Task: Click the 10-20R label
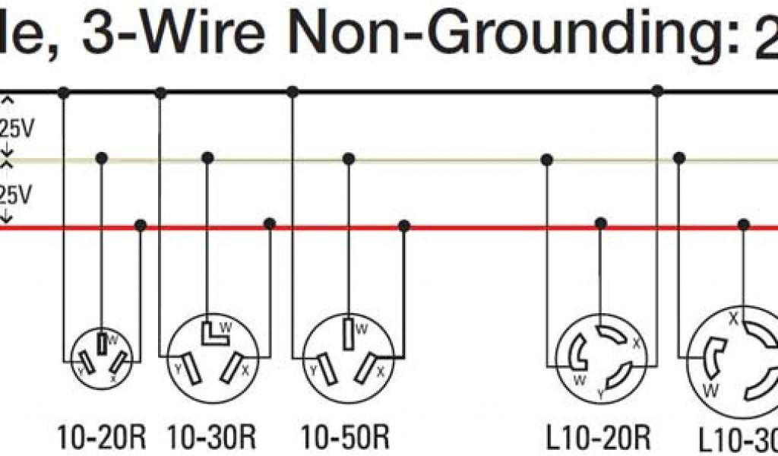(96, 438)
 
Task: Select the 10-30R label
(211, 438)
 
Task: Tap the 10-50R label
(345, 438)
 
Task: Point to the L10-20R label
(599, 438)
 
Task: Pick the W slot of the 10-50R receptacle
(347, 332)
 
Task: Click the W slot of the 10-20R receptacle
(101, 343)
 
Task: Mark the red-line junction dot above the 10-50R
(404, 226)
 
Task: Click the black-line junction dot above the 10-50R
(293, 92)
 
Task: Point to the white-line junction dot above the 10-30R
(207, 158)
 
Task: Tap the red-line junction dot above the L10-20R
(601, 223)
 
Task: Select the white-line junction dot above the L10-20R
(546, 159)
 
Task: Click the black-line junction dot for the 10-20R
(64, 93)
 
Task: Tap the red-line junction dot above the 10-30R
(269, 224)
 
